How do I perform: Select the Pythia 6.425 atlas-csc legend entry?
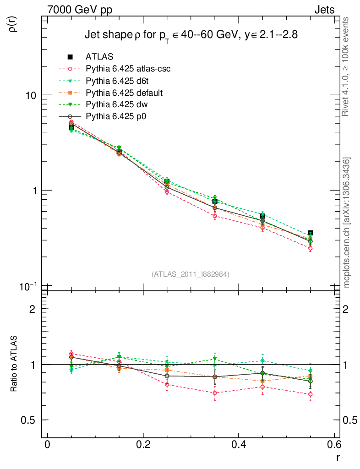[131, 69]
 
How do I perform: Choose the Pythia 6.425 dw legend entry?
[119, 105]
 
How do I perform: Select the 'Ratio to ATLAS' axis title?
[13, 365]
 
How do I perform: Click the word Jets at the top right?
[324, 10]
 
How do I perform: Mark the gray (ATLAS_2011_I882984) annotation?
[191, 274]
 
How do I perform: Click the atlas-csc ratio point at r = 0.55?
[311, 394]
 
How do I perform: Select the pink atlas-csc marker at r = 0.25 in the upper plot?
[167, 192]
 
